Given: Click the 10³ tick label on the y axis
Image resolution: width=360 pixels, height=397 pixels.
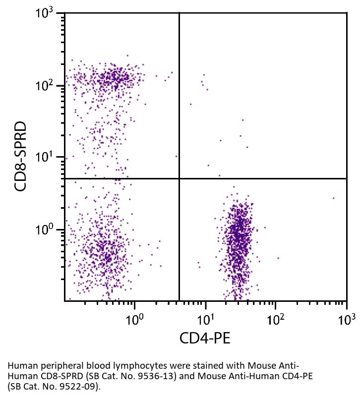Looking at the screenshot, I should point(48,13).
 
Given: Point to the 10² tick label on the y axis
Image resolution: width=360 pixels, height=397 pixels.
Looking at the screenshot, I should point(48,86).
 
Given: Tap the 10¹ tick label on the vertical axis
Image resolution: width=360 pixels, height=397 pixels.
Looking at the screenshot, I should point(48,158).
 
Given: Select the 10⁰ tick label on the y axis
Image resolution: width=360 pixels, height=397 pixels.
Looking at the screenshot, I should point(48,230).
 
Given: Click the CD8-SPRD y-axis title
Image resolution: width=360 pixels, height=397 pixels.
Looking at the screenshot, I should point(21,157).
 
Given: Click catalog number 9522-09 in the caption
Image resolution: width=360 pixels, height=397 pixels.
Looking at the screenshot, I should point(66,386).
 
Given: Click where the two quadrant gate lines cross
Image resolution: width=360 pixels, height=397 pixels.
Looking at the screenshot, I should point(179,178).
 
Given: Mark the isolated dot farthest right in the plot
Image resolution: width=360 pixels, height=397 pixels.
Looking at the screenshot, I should point(334,198).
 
